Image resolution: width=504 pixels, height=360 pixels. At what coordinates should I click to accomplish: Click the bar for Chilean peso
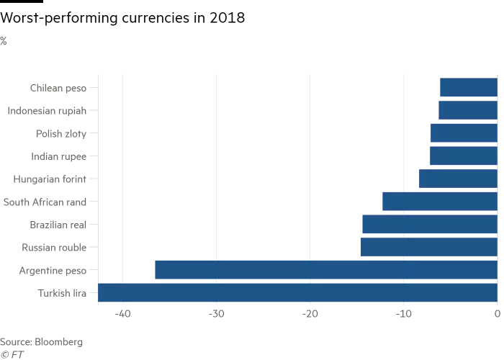tap(468, 88)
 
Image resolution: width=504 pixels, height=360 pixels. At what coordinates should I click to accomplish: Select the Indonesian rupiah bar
tap(467, 110)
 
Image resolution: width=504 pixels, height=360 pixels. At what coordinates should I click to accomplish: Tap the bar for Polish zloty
tap(464, 133)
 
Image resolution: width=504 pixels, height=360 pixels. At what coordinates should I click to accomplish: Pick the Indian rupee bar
tap(463, 156)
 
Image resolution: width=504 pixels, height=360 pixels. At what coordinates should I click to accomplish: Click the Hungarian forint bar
tap(458, 179)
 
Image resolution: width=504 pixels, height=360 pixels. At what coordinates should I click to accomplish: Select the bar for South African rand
tap(439, 202)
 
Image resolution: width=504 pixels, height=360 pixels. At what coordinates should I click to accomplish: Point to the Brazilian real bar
tap(429, 225)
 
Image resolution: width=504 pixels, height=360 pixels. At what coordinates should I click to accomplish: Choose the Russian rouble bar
tap(428, 247)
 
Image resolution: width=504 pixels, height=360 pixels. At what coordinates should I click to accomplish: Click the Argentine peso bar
tap(325, 270)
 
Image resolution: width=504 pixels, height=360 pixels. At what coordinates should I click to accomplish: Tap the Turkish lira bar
tap(297, 293)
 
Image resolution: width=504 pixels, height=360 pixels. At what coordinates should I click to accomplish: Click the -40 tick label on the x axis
tap(122, 315)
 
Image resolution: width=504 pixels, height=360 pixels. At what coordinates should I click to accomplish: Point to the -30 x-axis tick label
tap(216, 315)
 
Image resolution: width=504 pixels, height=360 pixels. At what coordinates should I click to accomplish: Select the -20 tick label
tap(310, 315)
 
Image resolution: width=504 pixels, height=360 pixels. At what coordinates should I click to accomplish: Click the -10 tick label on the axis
tap(403, 315)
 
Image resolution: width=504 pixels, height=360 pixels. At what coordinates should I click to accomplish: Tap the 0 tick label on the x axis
tap(497, 315)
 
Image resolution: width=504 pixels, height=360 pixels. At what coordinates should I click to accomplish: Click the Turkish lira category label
tap(62, 293)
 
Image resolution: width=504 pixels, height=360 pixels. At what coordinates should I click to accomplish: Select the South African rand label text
tap(45, 202)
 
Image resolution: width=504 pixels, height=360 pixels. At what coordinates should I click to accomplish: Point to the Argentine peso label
tap(53, 270)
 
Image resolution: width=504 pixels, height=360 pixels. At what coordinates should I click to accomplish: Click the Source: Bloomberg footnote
tap(41, 341)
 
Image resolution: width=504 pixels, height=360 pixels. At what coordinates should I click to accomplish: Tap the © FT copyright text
tap(12, 354)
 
